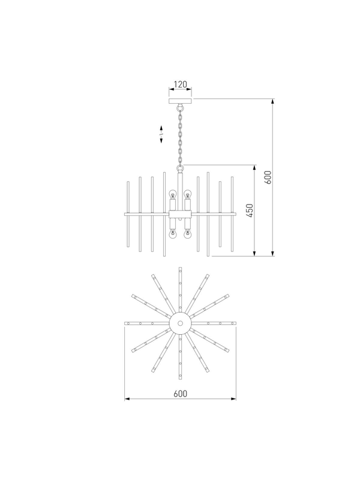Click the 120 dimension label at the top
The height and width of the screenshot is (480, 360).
[x=181, y=84]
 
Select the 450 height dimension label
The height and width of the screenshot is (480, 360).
[x=250, y=211]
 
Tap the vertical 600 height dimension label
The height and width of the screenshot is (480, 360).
[x=268, y=177]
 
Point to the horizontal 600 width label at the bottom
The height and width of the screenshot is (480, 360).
[x=180, y=394]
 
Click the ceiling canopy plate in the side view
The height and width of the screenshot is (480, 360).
[x=181, y=101]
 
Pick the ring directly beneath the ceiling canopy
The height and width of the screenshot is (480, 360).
[x=181, y=108]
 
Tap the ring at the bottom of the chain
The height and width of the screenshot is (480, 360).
[x=181, y=168]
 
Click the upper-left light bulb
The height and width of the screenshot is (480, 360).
[x=173, y=194]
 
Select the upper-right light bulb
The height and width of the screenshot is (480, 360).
[x=187, y=194]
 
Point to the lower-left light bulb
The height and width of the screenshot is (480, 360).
[x=173, y=235]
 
